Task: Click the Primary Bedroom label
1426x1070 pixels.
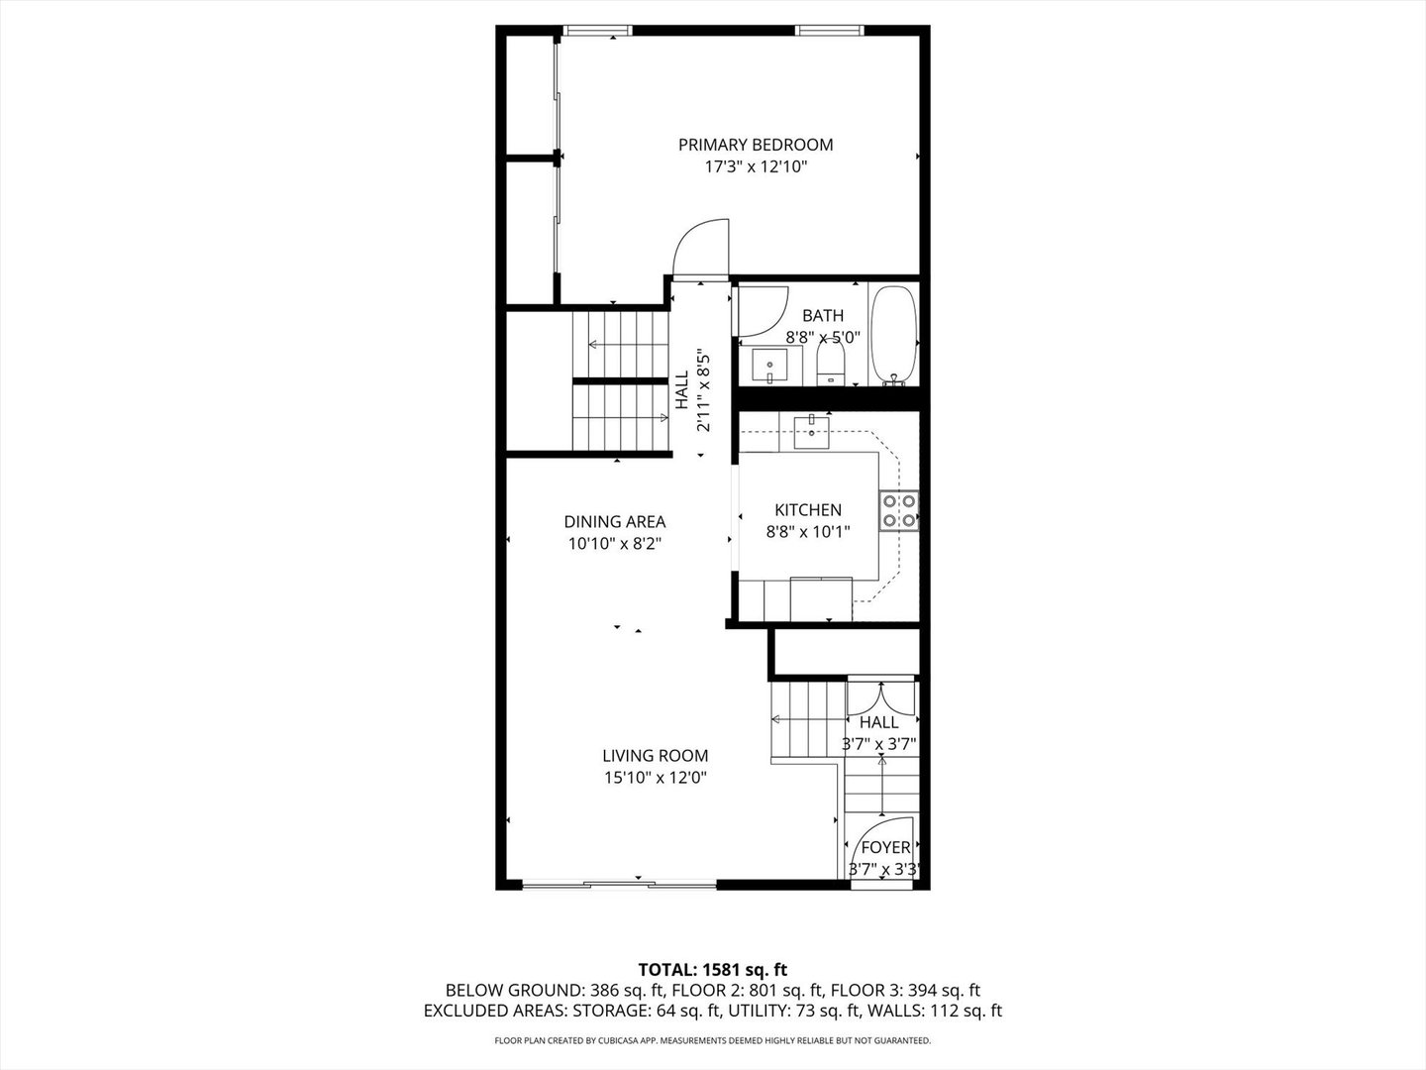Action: coord(756,145)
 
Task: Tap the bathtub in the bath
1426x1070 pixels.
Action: coord(893,335)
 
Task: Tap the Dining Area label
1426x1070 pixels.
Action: coord(614,521)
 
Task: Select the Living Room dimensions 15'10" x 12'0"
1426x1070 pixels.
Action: coord(655,778)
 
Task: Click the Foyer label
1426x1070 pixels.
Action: coord(885,847)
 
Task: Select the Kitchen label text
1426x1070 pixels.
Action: coord(808,509)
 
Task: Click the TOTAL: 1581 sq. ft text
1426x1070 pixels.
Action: coord(713,969)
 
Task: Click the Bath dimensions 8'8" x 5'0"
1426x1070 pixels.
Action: coord(823,337)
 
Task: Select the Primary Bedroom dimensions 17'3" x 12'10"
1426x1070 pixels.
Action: coord(756,167)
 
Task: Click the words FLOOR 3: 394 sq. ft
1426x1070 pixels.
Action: coord(905,990)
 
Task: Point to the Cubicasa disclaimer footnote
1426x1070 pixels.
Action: coord(713,1041)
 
